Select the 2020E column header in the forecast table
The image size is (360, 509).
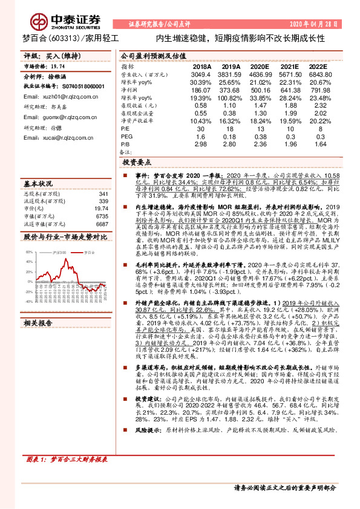[260, 67]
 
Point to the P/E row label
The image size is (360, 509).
[125, 128]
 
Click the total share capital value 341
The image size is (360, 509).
[103, 193]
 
